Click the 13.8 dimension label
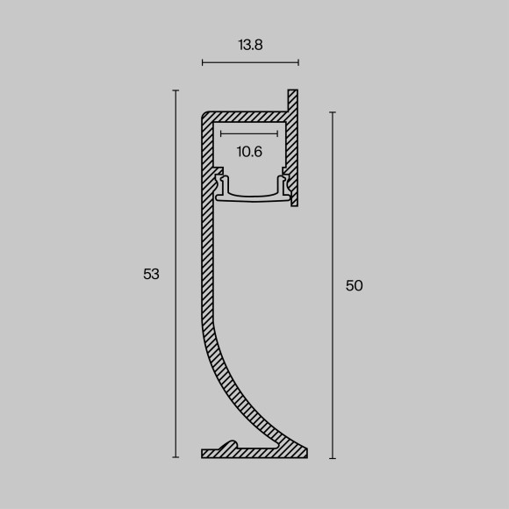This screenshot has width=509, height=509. (x=250, y=45)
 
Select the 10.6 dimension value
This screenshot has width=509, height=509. (x=249, y=152)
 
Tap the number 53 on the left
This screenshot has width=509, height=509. (x=151, y=274)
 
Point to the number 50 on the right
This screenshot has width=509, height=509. (x=354, y=285)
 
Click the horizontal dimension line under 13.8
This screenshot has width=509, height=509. (x=250, y=62)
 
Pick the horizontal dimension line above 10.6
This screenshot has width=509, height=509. (x=249, y=134)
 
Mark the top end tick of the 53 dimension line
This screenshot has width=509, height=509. (x=176, y=90)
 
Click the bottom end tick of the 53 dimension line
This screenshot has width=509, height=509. (x=176, y=457)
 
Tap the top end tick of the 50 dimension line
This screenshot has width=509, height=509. (x=332, y=112)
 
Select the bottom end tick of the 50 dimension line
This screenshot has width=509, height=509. (x=332, y=458)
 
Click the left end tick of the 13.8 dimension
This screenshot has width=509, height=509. (x=203, y=62)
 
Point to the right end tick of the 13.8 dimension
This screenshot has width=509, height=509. (x=298, y=62)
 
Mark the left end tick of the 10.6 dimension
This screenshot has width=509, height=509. (x=221, y=134)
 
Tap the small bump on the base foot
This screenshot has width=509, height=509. (x=232, y=444)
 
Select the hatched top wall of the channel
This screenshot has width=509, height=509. (x=250, y=116)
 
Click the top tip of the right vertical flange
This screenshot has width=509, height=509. (x=293, y=91)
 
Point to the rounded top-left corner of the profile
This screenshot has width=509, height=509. (x=206, y=115)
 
